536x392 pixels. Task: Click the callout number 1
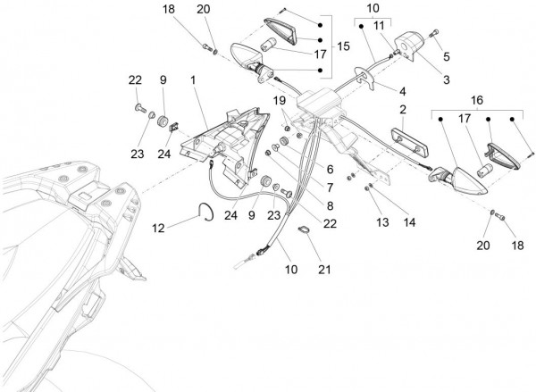(x=193, y=80)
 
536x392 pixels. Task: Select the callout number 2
(x=403, y=110)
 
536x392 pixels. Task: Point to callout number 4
(x=403, y=90)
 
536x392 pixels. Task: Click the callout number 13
(x=381, y=220)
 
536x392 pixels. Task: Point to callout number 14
(x=409, y=220)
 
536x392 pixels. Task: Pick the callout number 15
(x=343, y=46)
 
